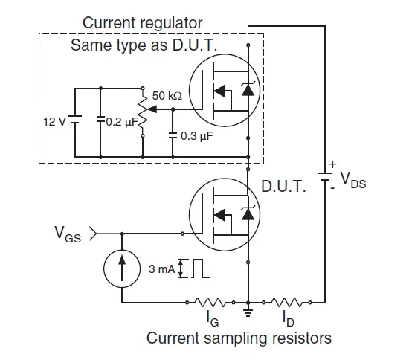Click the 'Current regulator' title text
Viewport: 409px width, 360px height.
[x=142, y=23]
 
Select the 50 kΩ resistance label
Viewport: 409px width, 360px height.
[x=167, y=96]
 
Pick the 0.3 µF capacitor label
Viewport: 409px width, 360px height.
[x=196, y=136]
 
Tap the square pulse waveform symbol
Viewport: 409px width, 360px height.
[x=198, y=269]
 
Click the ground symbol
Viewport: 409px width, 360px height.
[x=248, y=311]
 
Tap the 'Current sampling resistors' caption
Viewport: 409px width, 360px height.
[x=238, y=339]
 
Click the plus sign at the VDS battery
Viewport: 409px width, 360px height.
[x=333, y=164]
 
